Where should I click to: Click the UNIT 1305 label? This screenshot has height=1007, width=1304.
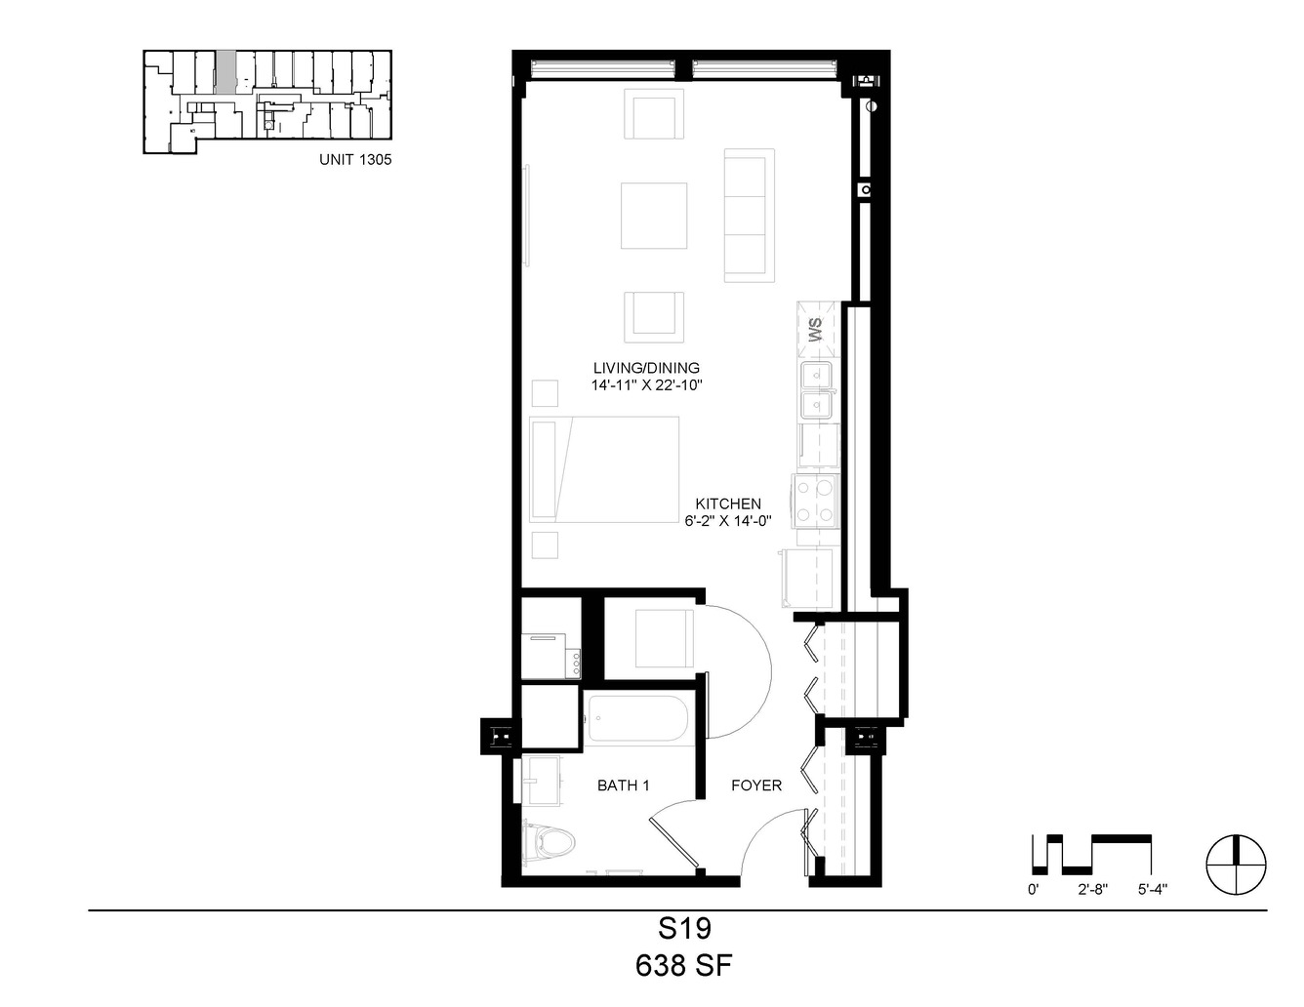point(355,159)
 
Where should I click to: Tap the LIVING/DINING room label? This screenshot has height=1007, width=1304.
point(646,368)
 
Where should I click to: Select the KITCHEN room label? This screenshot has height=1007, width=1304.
point(728,503)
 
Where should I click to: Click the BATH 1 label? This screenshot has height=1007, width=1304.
point(624,785)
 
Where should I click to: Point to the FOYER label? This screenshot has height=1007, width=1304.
point(756,785)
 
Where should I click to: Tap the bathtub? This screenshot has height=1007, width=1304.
point(638,718)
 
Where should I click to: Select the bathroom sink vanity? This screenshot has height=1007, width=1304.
point(542,780)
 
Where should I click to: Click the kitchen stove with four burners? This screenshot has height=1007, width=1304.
point(816,501)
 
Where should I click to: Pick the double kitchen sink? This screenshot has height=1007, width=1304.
point(817,390)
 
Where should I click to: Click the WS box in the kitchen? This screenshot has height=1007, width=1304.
point(816,330)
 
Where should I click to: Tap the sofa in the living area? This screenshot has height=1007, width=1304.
point(749,216)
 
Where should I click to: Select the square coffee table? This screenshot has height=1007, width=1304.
point(654,216)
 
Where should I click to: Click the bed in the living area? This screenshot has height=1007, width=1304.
point(604,469)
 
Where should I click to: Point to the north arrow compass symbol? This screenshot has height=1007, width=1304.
point(1237,865)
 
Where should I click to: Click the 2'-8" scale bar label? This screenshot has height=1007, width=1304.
point(1092,890)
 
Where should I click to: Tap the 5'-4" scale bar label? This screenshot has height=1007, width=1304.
point(1152,890)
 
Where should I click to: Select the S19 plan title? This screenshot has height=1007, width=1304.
point(684,929)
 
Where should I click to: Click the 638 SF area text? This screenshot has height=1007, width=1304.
point(683,966)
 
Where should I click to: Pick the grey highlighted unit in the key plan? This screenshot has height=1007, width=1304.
point(225,72)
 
